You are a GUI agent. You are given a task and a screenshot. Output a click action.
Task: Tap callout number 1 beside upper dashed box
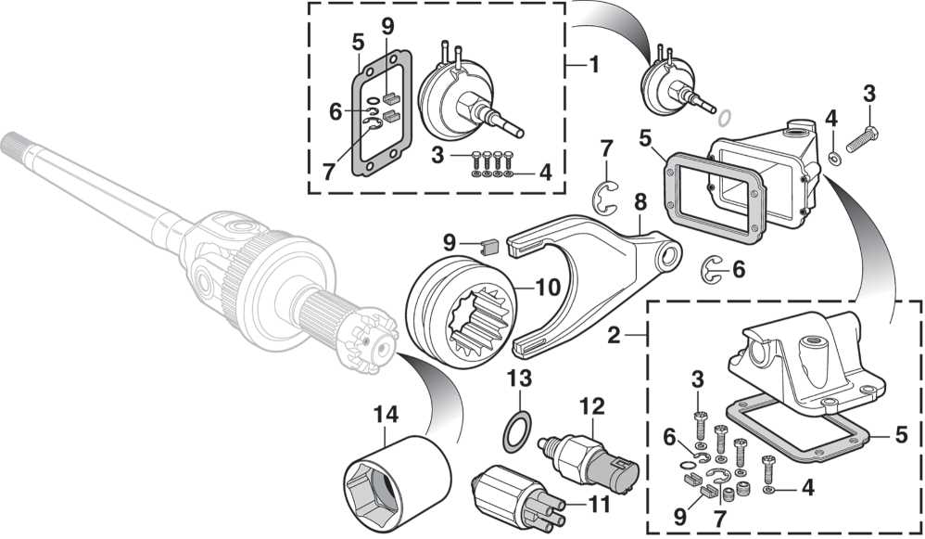[x=594, y=66]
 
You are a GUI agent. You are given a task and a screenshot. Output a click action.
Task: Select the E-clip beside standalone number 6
[x=712, y=268]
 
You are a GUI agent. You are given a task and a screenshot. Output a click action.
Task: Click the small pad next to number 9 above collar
[x=492, y=248]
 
